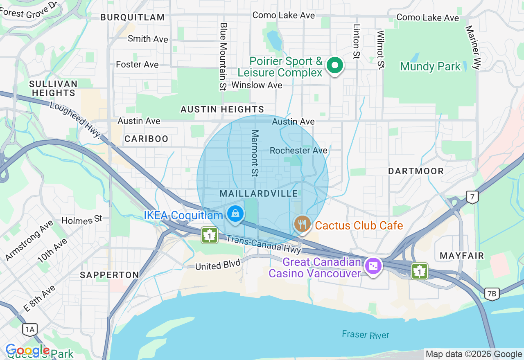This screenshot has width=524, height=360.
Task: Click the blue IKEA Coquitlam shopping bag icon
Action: [235, 214]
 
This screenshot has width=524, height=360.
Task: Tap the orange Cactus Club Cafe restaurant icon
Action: [302, 224]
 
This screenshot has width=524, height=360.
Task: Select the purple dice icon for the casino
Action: [373, 266]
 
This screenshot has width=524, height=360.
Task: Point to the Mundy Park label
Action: [430, 67]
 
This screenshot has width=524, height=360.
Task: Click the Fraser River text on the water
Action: [365, 335]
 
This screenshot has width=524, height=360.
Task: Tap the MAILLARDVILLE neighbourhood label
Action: [259, 193]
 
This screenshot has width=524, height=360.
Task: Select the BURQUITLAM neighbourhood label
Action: [132, 17]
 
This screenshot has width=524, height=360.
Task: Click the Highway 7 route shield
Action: [472, 197]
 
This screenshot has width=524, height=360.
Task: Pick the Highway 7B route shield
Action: [492, 293]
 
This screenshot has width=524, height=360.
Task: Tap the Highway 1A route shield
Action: [30, 329]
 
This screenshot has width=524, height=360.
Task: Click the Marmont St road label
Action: [255, 153]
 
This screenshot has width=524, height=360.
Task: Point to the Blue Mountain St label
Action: [223, 56]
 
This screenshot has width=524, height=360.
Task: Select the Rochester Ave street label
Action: [298, 151]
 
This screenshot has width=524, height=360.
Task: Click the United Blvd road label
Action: [217, 265]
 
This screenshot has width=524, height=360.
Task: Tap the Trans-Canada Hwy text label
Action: [263, 244]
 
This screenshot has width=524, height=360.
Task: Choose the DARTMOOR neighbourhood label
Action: [416, 171]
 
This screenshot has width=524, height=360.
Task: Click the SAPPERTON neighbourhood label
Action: [109, 275]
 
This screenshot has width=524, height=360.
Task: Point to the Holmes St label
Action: [82, 220]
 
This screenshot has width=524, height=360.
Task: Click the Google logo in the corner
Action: [27, 350]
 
